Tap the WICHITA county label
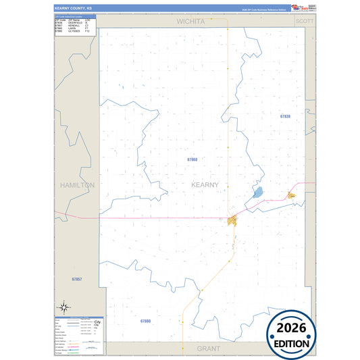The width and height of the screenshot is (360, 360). (190, 22)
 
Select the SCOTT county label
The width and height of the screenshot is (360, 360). (305, 22)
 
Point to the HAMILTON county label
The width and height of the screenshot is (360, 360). (77, 184)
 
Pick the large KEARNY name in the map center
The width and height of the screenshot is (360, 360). (205, 184)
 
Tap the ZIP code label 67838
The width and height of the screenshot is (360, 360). (285, 116)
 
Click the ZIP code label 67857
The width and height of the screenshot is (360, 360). (76, 278)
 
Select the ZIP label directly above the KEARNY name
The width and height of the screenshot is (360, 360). (192, 159)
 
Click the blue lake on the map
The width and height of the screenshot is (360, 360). (258, 192)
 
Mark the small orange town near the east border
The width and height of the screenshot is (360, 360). (292, 196)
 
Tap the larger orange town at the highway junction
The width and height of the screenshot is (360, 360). (233, 220)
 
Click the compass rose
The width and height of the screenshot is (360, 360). (63, 307)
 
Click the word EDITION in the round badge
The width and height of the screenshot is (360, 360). (297, 343)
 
